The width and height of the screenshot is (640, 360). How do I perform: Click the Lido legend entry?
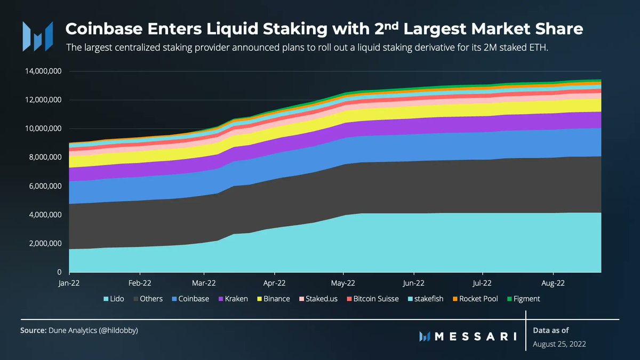[x=114, y=299]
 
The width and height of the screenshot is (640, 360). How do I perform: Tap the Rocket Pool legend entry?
[x=474, y=299]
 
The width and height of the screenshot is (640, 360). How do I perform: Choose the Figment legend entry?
[x=523, y=299]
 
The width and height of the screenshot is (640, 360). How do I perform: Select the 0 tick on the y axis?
[x=59, y=273]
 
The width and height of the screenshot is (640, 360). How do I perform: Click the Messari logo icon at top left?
[x=37, y=34]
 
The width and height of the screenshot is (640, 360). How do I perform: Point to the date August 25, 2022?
[x=559, y=344]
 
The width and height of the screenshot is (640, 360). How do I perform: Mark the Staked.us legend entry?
[x=320, y=299]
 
